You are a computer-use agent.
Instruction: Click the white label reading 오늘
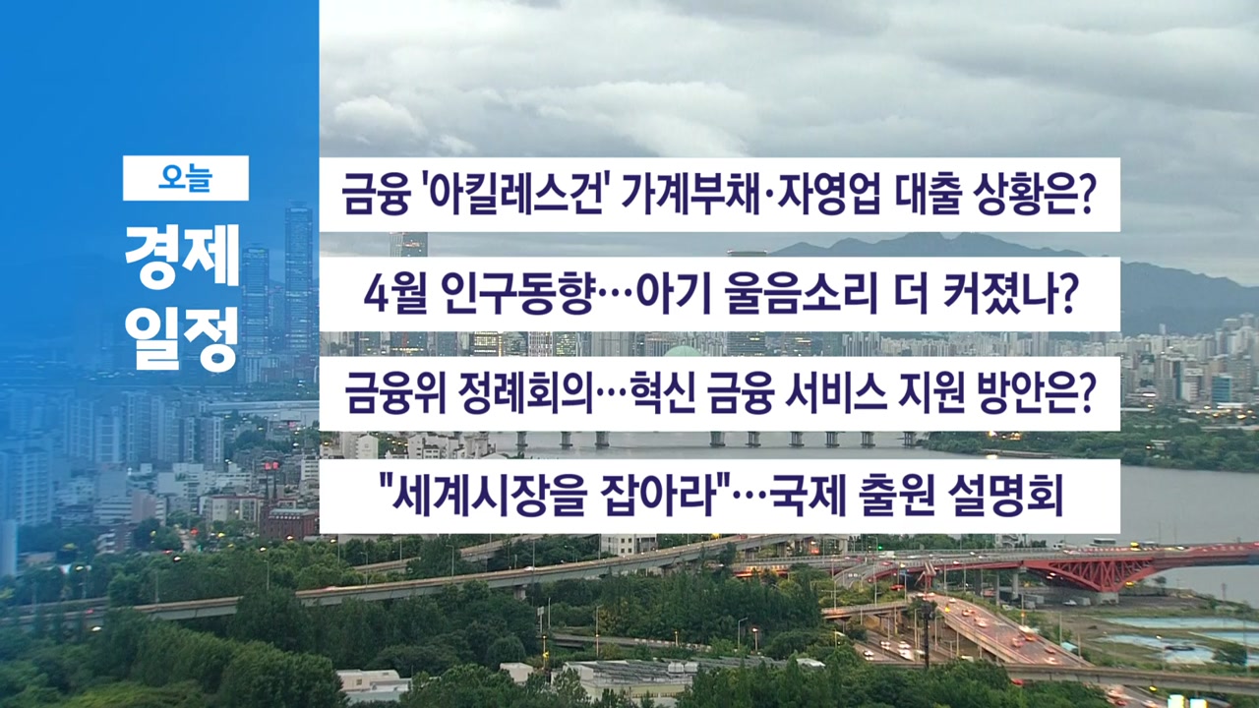tap(186, 178)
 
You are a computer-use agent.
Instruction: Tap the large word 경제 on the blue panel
tap(183, 256)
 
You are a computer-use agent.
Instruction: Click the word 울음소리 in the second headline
tap(801, 295)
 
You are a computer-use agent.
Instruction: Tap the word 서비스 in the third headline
tap(836, 394)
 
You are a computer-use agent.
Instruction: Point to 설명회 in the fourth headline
tap(1005, 497)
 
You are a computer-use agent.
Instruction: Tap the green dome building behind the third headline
tap(682, 351)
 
